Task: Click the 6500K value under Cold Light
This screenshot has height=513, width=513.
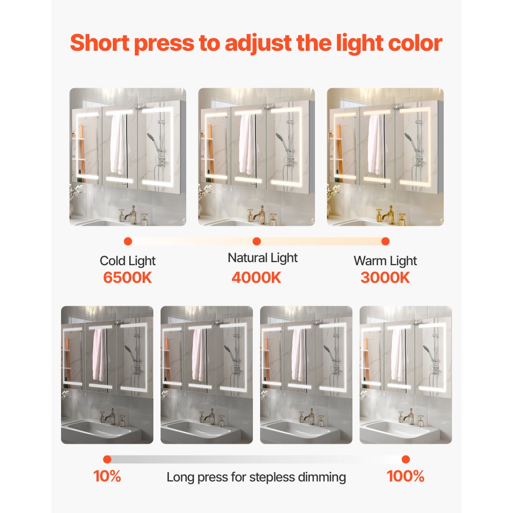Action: coord(128,278)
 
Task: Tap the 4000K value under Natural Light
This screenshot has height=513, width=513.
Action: coord(256,278)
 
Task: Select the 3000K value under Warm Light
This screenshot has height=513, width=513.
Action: coord(385,278)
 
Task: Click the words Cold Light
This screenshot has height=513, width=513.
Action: coord(128,261)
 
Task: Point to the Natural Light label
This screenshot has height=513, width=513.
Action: coord(263,258)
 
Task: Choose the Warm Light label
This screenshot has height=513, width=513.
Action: coord(385,261)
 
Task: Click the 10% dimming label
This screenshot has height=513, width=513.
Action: coord(107,476)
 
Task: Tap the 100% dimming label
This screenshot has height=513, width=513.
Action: coord(405,476)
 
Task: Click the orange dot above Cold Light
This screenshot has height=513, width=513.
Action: coord(128,241)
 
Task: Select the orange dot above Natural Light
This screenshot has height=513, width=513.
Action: coord(257,241)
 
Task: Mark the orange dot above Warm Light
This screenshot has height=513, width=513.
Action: coord(385,241)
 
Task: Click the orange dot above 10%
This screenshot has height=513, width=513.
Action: coord(107,459)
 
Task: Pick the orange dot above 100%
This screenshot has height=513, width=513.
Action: coord(406,459)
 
